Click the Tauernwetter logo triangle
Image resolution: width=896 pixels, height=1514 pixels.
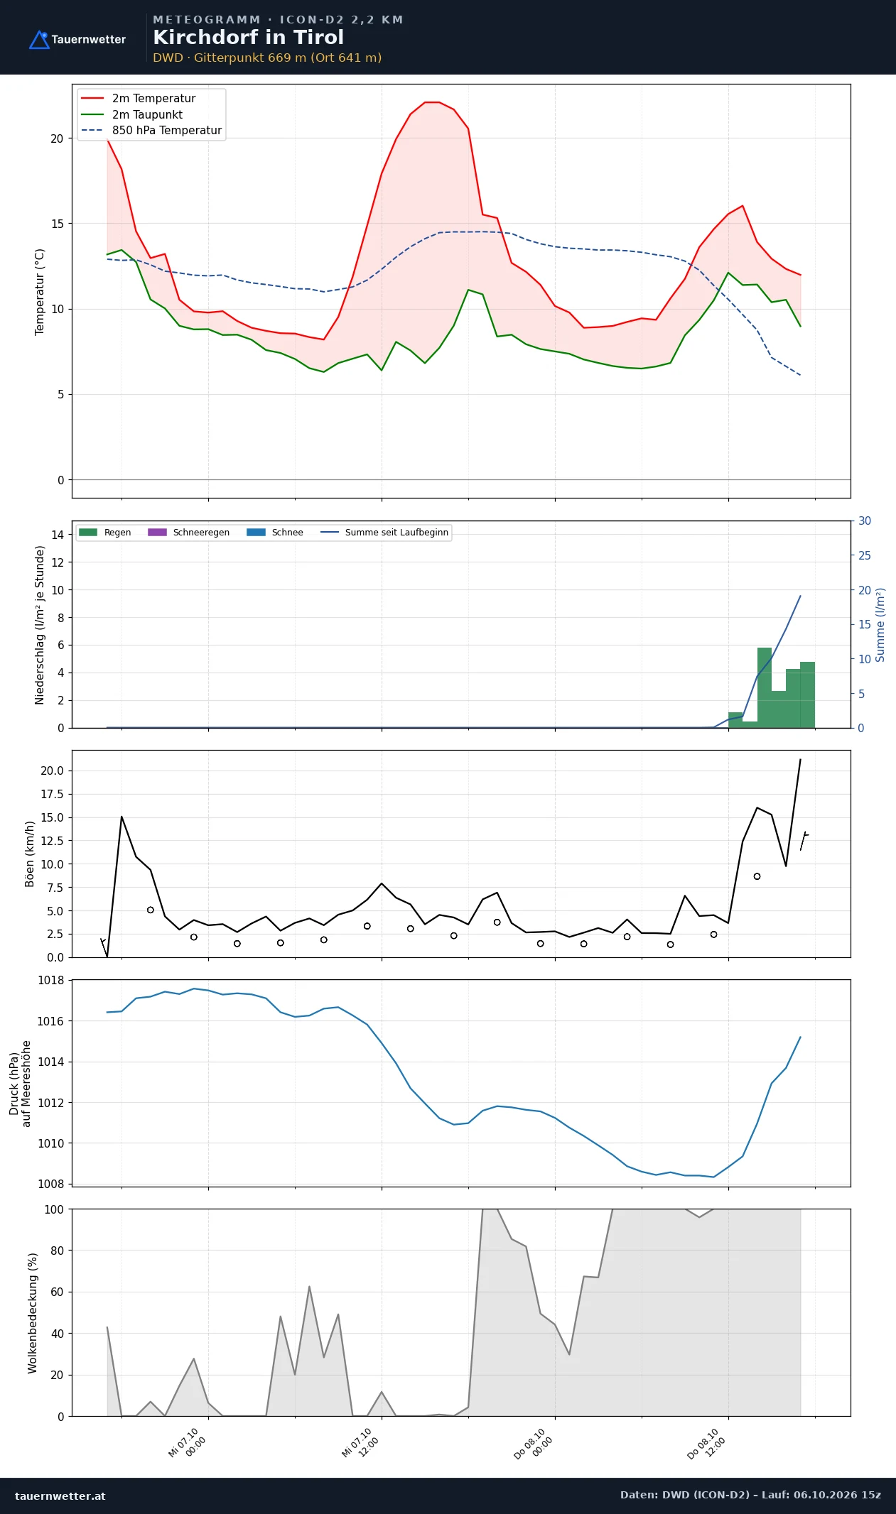tap(39, 40)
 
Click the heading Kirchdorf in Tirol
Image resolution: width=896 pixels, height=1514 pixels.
tap(248, 38)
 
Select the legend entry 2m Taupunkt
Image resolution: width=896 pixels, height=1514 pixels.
tap(147, 114)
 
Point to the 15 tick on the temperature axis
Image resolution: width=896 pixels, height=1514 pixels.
tap(57, 224)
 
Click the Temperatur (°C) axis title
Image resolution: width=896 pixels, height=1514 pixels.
tap(40, 292)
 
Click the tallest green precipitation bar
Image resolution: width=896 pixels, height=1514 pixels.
tap(765, 687)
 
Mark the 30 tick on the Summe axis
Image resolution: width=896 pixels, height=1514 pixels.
tap(865, 521)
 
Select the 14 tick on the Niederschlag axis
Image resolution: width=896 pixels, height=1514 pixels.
tap(58, 535)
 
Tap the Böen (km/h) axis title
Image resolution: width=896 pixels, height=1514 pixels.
tap(30, 854)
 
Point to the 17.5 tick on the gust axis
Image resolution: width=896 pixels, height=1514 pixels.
tap(52, 794)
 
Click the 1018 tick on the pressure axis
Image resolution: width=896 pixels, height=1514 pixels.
tap(50, 981)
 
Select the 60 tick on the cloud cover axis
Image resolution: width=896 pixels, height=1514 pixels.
tap(57, 1292)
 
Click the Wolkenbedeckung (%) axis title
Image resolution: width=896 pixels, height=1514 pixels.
tap(33, 1313)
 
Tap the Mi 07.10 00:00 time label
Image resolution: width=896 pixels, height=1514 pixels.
tap(187, 1443)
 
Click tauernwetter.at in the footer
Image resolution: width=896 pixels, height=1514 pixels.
tap(60, 1496)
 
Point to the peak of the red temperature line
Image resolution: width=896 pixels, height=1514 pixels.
tap(432, 102)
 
